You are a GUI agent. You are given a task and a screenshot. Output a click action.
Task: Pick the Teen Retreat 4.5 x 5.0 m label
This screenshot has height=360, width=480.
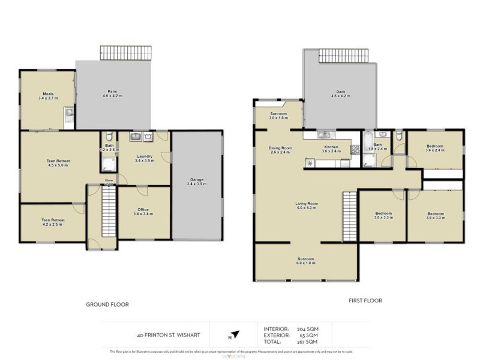pos(59,163)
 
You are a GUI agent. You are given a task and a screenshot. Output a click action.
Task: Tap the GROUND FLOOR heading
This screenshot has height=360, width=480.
pos(107,304)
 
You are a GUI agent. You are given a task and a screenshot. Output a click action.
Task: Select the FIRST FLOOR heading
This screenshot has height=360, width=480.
pos(365,301)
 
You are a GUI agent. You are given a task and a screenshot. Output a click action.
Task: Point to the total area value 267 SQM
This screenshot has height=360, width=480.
pos(308,341)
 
